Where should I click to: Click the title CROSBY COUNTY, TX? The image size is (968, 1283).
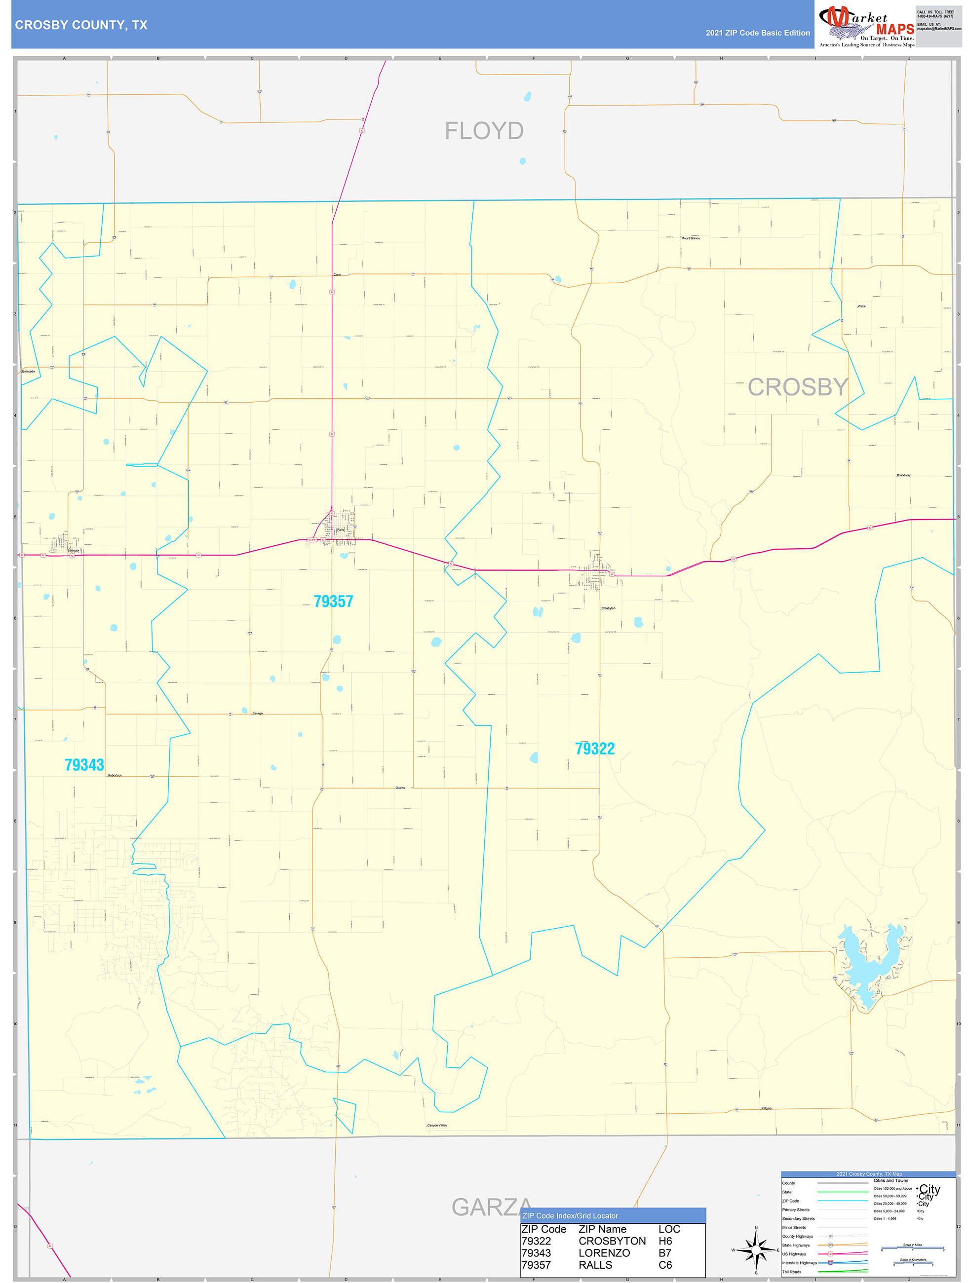coord(81,25)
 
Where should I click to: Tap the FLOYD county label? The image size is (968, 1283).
coord(484,131)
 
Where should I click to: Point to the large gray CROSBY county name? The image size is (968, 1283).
coord(797,387)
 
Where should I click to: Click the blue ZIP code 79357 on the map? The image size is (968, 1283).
coord(333,602)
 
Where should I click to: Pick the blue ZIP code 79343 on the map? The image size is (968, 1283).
coord(84,765)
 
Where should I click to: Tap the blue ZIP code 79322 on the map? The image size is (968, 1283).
coord(595,749)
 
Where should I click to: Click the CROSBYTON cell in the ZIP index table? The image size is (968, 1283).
coord(612,1241)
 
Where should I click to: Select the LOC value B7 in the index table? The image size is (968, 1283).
coord(664,1253)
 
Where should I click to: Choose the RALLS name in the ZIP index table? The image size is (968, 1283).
coord(595,1265)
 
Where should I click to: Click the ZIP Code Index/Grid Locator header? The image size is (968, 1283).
coord(570,1216)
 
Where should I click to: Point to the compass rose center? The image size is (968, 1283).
coord(756,1250)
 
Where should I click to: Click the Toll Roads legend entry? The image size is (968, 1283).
coord(792,1272)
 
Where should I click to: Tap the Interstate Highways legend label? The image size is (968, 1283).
coord(799,1263)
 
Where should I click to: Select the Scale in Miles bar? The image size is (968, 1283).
coord(912,1248)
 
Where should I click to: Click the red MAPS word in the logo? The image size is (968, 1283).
coord(895,30)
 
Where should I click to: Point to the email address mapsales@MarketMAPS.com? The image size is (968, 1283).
coord(938,29)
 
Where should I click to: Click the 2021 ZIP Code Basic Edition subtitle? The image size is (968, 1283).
coord(757,33)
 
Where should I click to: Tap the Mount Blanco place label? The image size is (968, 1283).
coord(691,238)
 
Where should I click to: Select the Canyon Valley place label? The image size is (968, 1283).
coord(437,1125)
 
